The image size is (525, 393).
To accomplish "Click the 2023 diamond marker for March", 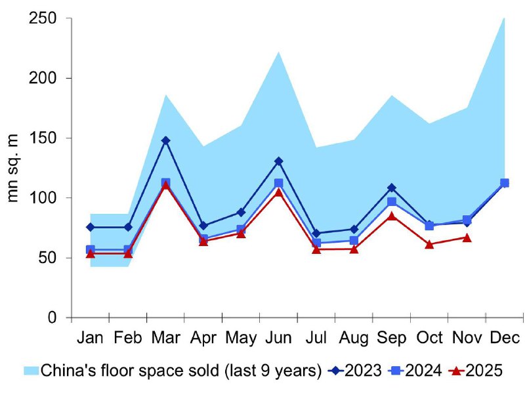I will (x=166, y=140).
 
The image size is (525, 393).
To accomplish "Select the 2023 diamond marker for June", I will (x=278, y=161).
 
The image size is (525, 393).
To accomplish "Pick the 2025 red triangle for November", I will (x=467, y=238).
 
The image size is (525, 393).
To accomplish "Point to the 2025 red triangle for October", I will (x=429, y=245).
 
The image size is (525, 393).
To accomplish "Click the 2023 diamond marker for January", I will (x=91, y=227).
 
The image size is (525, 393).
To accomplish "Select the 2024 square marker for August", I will (x=354, y=240).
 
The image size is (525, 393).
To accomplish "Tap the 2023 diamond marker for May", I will (x=241, y=213).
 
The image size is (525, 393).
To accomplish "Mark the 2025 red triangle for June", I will (x=278, y=192).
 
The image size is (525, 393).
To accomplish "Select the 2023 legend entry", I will (x=365, y=370).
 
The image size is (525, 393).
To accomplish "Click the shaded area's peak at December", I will (x=504, y=18).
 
